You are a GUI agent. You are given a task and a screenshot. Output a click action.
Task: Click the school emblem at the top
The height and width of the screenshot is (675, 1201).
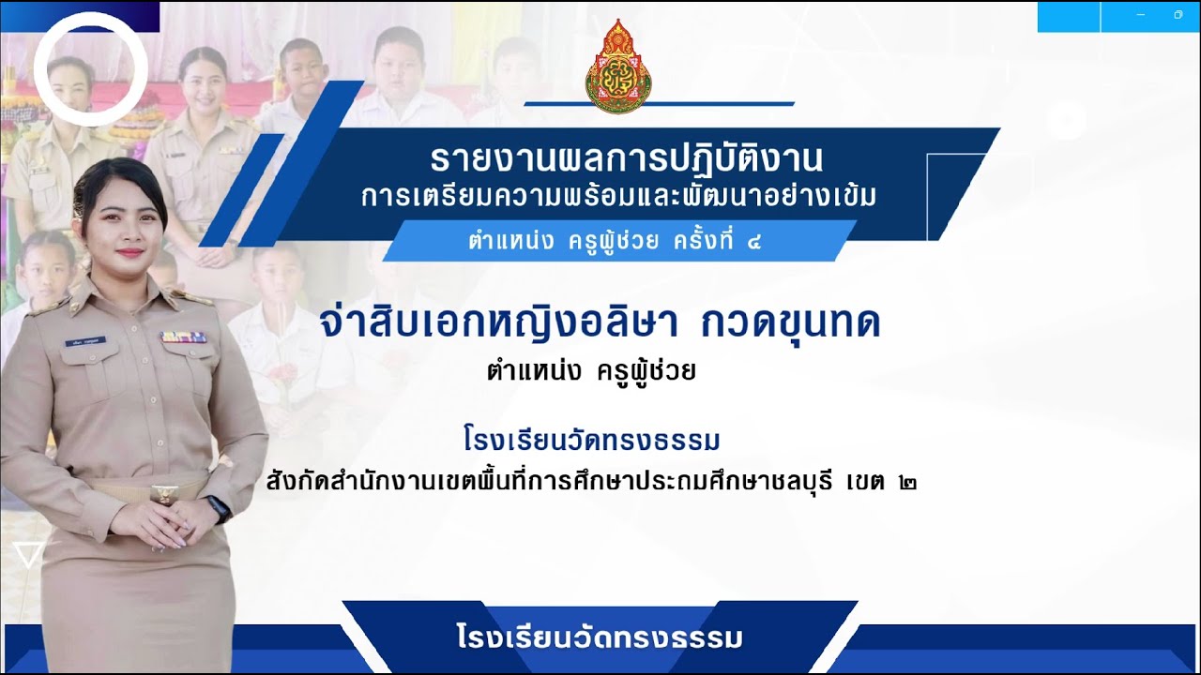click(x=618, y=66)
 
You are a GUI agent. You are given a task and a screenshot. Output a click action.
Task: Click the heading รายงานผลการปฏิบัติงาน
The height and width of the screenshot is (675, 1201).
click(x=627, y=158)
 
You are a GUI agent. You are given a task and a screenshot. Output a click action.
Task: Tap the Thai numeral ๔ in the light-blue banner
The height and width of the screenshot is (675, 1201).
click(x=753, y=242)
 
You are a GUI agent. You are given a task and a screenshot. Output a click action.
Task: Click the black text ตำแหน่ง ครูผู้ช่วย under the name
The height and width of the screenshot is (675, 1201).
click(x=591, y=372)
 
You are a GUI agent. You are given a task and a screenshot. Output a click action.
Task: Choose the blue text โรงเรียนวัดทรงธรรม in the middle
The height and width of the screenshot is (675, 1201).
click(x=591, y=439)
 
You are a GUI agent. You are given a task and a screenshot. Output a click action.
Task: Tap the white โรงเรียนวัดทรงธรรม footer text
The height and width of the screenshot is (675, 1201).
click(x=600, y=638)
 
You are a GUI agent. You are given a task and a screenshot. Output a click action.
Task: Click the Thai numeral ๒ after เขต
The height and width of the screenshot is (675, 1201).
click(x=907, y=484)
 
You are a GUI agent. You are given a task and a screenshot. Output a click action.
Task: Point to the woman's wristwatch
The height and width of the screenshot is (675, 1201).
click(x=219, y=509)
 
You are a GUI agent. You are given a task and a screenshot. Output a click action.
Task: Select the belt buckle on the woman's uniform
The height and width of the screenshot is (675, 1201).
click(x=165, y=490)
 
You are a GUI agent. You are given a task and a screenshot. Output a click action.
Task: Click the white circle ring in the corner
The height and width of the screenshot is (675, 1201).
click(x=91, y=68)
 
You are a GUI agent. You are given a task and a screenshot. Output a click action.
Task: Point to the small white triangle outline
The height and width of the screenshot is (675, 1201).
click(x=29, y=555)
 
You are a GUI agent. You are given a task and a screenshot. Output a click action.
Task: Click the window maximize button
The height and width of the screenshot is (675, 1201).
click(x=1178, y=15)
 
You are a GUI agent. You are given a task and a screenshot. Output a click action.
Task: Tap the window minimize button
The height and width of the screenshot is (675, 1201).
click(x=1140, y=15)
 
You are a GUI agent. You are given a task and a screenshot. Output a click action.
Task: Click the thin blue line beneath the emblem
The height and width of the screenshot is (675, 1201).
click(x=659, y=103)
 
